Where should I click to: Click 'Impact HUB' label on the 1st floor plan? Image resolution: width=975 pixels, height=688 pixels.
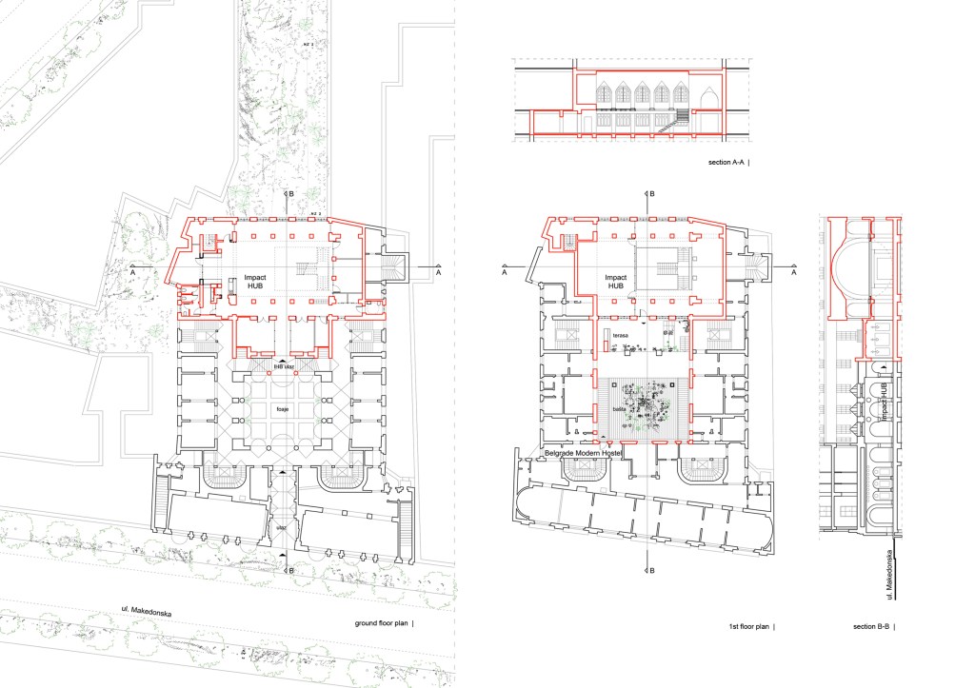point(617,282)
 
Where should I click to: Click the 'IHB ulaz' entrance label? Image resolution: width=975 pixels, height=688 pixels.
point(283,366)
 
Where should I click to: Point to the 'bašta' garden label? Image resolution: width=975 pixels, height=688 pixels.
point(620,407)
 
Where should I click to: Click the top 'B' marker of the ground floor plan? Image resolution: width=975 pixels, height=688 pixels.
point(289,193)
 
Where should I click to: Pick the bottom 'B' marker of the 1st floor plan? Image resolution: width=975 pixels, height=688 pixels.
point(652,574)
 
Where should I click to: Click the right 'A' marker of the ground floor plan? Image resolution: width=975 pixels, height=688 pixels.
point(439,272)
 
